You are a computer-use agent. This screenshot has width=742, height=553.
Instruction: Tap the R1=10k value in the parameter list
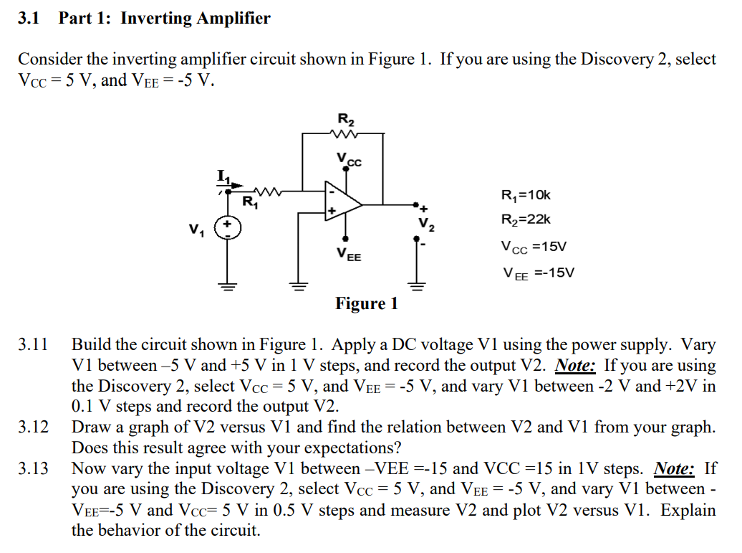pos(526,194)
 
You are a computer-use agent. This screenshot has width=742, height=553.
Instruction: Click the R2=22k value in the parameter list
pos(526,220)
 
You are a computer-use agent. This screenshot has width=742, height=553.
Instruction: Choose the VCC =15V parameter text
pos(534,247)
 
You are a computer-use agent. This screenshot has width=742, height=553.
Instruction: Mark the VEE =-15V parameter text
pos(539,273)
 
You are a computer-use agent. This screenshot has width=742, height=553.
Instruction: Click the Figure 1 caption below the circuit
pos(366,304)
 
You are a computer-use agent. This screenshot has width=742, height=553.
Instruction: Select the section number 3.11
pos(33,345)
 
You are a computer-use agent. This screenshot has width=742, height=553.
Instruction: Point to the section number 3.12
pos(33,427)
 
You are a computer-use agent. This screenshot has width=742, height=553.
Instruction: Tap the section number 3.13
pos(33,469)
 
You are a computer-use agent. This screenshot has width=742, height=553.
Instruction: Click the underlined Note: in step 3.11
pos(576,366)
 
